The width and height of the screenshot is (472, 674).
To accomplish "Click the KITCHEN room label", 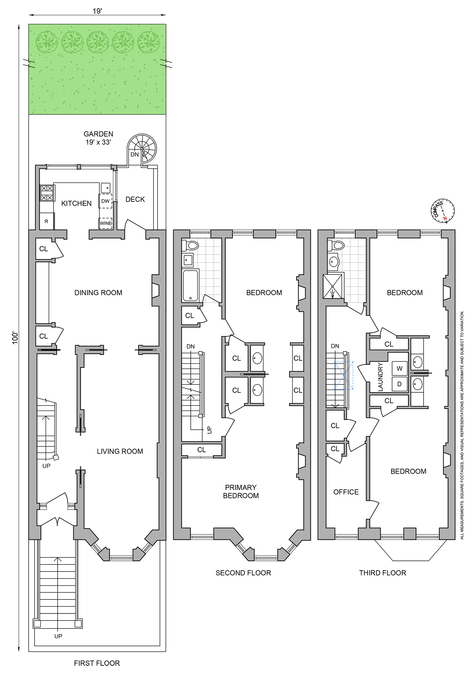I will tap(76, 203).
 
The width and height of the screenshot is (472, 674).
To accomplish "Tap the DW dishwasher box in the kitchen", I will tap(105, 201).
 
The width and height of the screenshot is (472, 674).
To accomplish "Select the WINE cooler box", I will tap(105, 223).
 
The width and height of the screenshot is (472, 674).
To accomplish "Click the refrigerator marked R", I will tap(47, 221).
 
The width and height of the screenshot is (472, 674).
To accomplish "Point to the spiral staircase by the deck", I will tap(142, 148).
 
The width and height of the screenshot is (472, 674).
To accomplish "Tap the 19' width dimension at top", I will tap(97, 11).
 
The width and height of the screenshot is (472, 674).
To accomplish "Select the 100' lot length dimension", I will tap(15, 338).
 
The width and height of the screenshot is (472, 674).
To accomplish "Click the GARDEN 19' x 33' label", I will tap(98, 138).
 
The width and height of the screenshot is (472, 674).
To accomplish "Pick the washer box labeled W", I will tap(400, 368).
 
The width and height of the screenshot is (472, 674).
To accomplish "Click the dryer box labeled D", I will tap(400, 384).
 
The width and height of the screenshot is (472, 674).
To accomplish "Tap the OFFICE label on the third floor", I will tap(346, 492).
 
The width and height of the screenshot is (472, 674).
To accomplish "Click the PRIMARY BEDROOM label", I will tap(241, 491).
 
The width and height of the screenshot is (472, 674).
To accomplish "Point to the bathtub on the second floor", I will tap(190, 285).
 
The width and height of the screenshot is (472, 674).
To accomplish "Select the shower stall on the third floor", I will tap(333, 286).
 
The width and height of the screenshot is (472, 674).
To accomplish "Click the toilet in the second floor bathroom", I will tap(191, 245).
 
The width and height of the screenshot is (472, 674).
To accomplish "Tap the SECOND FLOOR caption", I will tap(243, 573).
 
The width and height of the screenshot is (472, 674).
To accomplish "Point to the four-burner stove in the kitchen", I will tap(47, 193).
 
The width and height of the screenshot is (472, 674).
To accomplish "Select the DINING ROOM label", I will tap(98, 293).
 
